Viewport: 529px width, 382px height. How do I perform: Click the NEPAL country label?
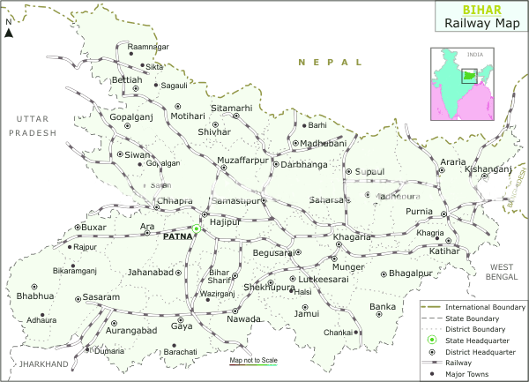point(330,63)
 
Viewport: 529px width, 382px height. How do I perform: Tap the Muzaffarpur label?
point(242,161)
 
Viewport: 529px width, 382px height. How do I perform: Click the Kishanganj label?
point(490,167)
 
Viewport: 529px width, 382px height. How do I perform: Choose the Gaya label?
point(182,326)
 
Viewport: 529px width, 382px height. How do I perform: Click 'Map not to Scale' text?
point(253,361)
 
